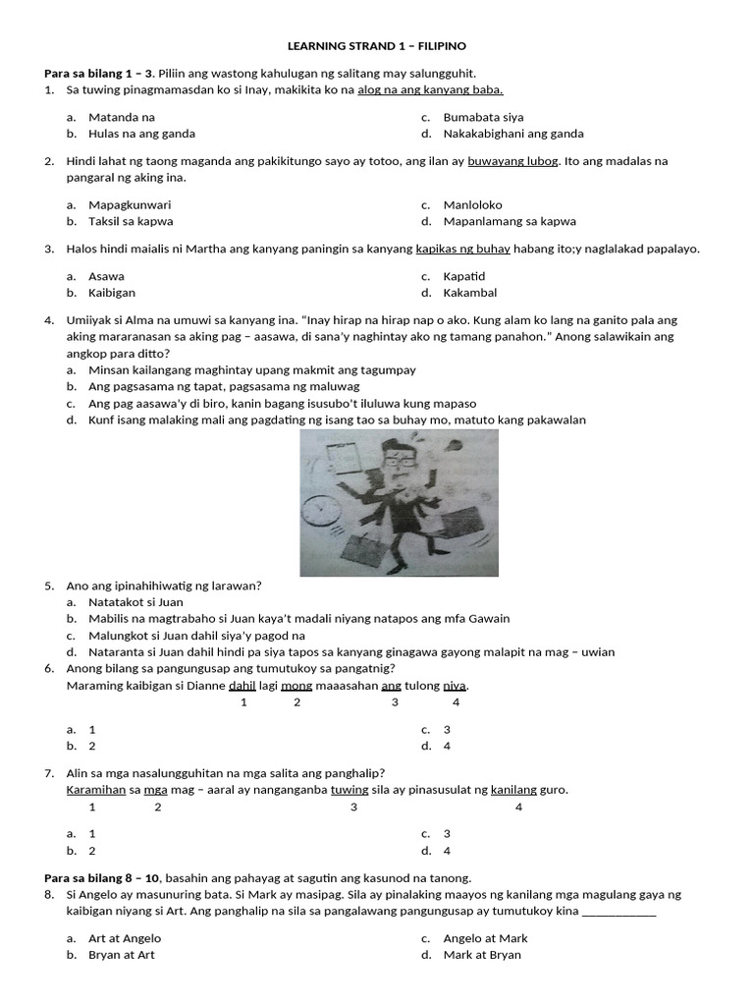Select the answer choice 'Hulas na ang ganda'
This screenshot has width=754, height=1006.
click(x=141, y=134)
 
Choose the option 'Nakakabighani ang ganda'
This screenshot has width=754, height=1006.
click(x=512, y=134)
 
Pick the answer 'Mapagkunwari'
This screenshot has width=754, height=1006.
click(x=130, y=205)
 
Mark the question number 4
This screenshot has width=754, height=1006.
click(x=49, y=320)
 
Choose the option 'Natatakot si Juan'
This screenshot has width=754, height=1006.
click(x=135, y=602)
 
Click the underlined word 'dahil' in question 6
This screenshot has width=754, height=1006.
click(x=242, y=686)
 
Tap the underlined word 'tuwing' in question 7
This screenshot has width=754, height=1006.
click(x=350, y=790)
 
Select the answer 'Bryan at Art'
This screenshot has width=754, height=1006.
click(x=122, y=955)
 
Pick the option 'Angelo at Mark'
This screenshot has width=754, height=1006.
click(x=485, y=938)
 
